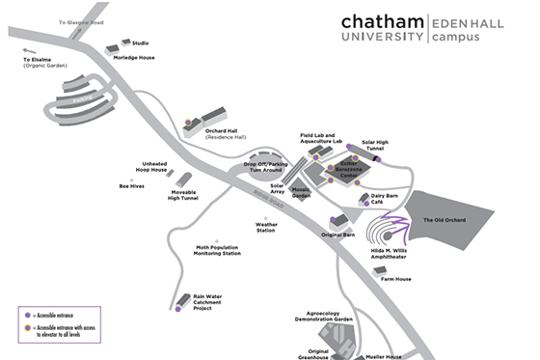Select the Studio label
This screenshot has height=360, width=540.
tap(141, 42)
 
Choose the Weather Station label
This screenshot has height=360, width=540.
tap(266, 229)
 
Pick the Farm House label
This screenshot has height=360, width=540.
tap(396, 279)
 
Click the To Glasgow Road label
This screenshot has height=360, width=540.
tap(81, 20)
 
